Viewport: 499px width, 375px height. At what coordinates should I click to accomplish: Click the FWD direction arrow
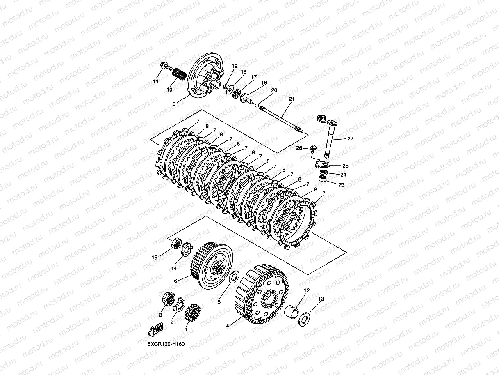tap(156, 329)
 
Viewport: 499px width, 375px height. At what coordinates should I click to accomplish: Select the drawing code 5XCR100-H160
tap(166, 344)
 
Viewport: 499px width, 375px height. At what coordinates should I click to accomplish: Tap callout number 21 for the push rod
tap(292, 99)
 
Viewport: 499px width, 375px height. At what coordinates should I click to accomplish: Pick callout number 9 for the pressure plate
tap(174, 104)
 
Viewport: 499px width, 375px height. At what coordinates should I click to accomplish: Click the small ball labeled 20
tap(257, 105)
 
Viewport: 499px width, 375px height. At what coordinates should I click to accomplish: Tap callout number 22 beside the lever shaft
tap(350, 138)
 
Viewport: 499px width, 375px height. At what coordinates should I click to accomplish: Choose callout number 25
tap(345, 166)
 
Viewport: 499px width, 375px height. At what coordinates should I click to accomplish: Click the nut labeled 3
tap(169, 299)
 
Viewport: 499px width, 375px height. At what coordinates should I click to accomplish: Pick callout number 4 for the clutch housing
tap(228, 326)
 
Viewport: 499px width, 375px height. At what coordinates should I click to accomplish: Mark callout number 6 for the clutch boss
tap(175, 281)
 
